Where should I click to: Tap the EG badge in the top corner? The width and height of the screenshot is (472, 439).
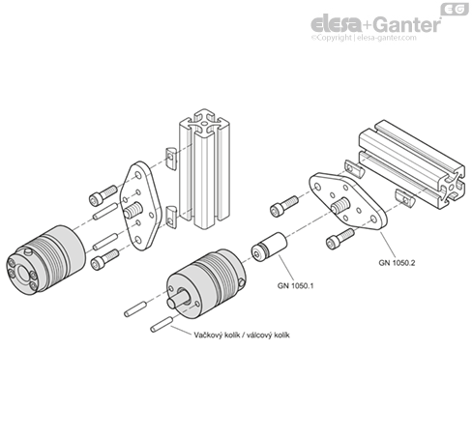454,9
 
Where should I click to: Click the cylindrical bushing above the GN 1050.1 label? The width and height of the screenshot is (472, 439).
265,248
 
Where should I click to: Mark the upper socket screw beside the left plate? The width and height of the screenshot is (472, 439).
100,198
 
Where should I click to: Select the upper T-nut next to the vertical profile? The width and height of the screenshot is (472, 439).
172,154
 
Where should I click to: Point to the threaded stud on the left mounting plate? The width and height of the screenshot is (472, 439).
132,208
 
